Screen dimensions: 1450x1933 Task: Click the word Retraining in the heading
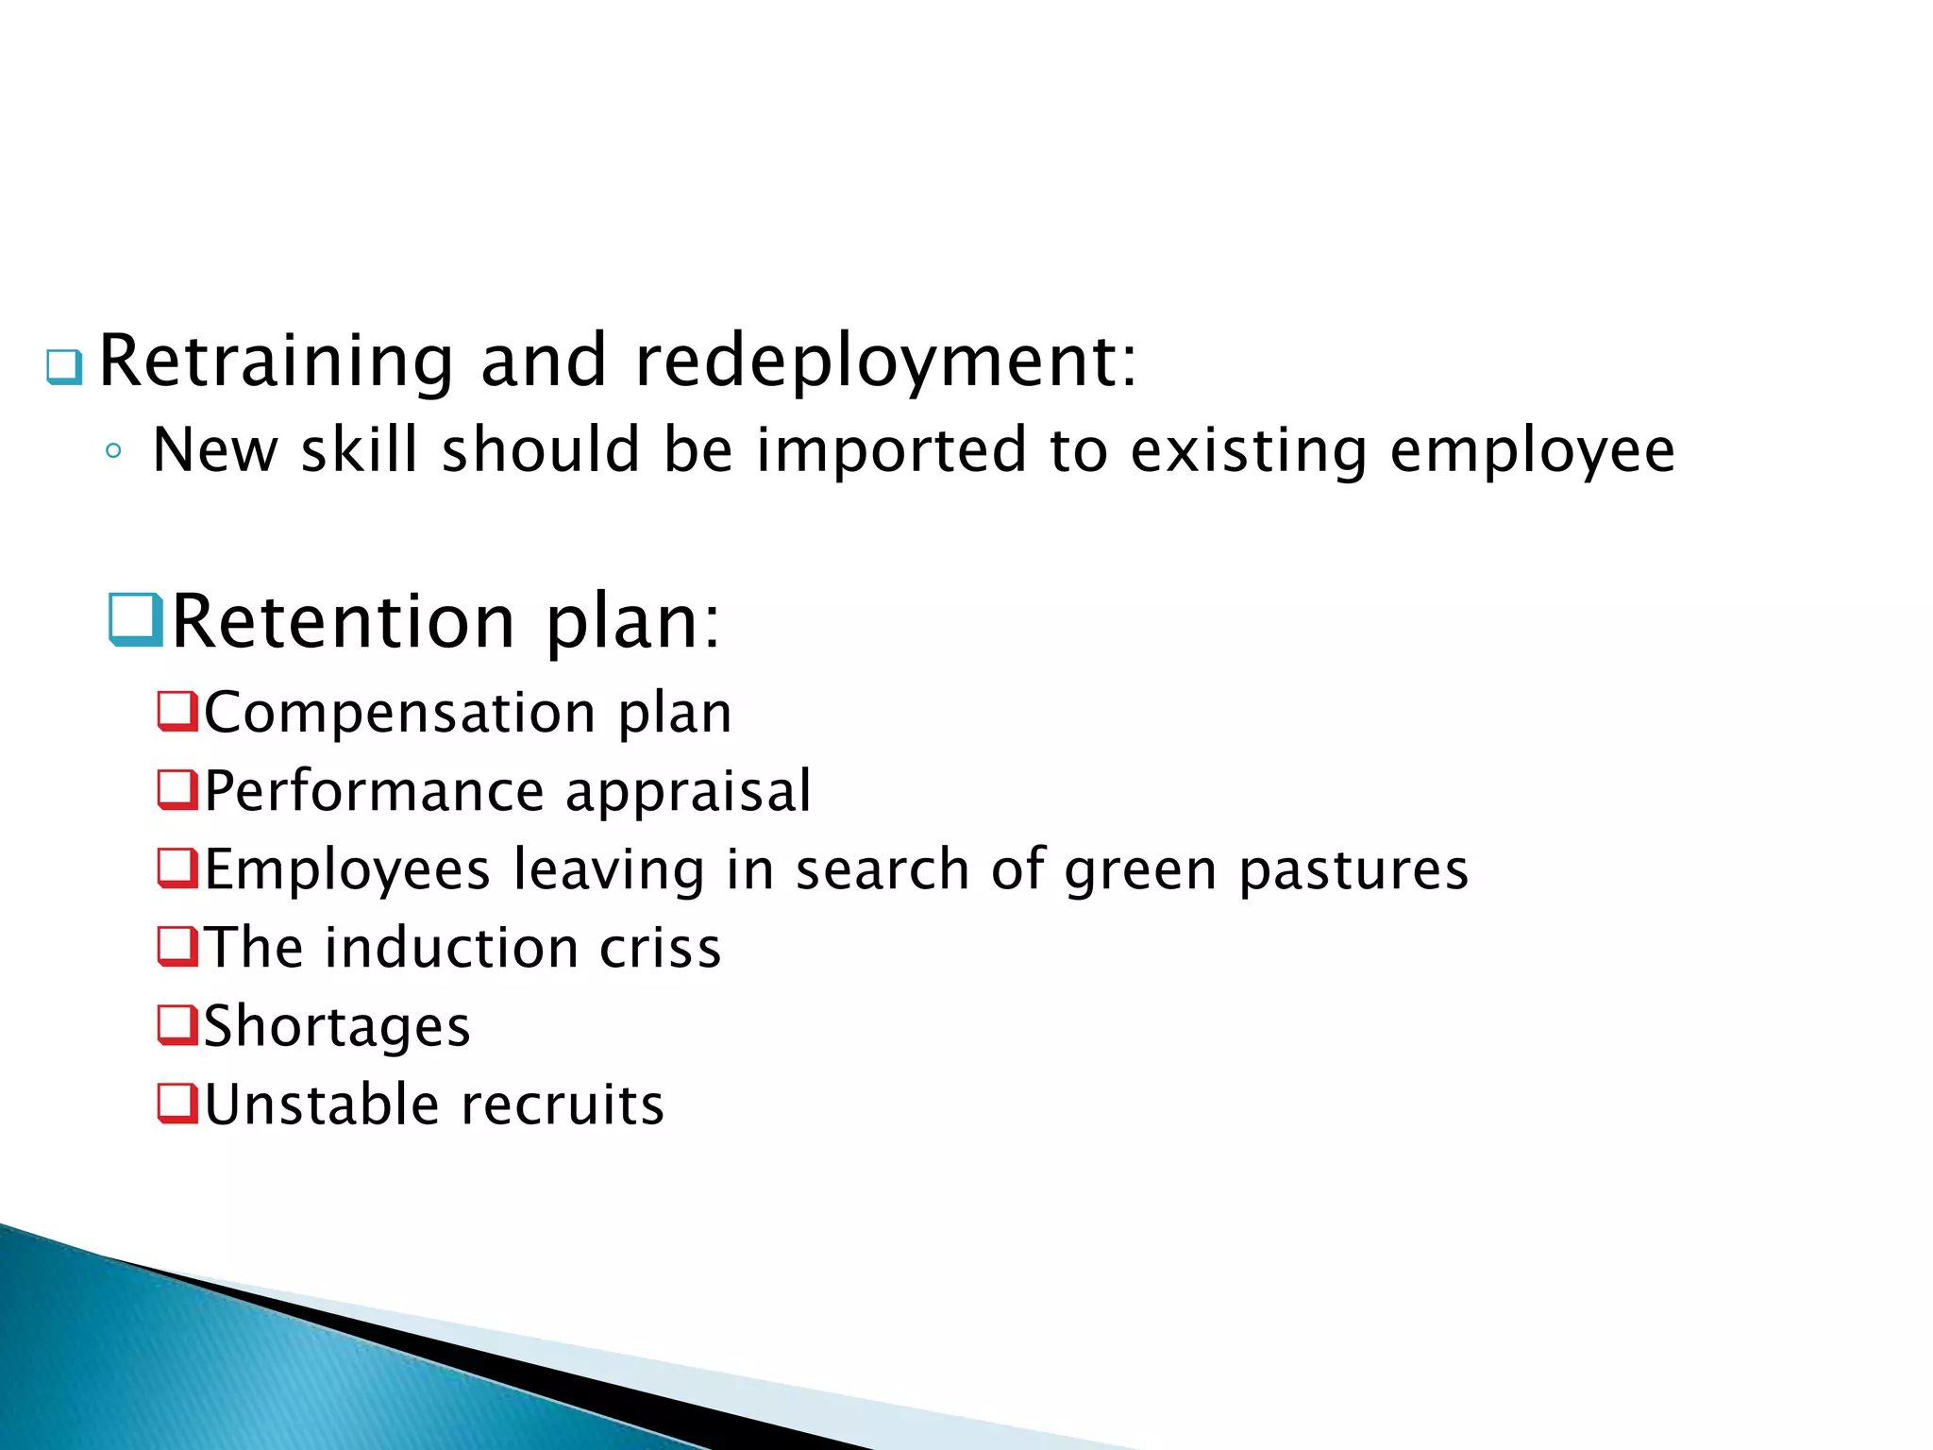pyautogui.click(x=277, y=362)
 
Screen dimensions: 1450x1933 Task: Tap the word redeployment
pyautogui.click(x=886, y=362)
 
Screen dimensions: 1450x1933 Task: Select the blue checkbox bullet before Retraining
pyautogui.click(x=64, y=366)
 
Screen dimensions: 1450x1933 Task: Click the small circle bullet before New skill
pyautogui.click(x=113, y=451)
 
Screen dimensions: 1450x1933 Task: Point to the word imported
pyautogui.click(x=891, y=450)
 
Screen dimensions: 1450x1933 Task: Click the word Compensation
pyautogui.click(x=400, y=712)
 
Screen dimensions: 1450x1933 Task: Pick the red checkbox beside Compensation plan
pyautogui.click(x=177, y=711)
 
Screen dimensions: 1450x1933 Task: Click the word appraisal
pyautogui.click(x=688, y=791)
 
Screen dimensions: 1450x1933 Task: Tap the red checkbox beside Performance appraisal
pyautogui.click(x=177, y=789)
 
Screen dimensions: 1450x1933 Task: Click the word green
pyautogui.click(x=1141, y=870)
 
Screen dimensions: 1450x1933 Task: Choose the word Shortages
pyautogui.click(x=337, y=1027)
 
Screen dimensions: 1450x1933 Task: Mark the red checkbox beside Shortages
pyautogui.click(x=177, y=1025)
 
